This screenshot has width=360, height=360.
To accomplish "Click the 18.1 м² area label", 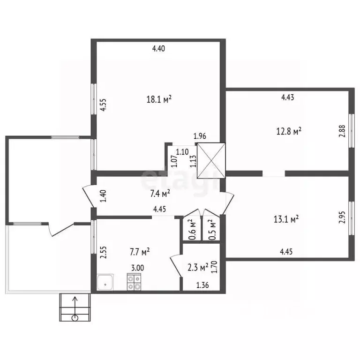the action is pos(159,99).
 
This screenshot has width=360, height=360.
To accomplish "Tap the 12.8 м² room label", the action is pos(289,131).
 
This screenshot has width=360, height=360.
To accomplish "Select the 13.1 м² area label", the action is pos(286,219).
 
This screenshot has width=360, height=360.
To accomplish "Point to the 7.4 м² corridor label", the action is pos(160,193).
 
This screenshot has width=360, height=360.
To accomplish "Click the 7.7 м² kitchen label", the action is pos(140,252).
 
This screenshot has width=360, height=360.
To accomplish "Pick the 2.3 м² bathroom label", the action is pos(198,267).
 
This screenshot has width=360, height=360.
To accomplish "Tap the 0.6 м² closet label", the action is pos(192,230).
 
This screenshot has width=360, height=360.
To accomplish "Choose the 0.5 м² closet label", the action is pos(212,230).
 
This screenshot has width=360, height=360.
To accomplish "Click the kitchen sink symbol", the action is pos(105,282).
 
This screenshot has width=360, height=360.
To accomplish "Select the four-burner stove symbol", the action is pos(134,282).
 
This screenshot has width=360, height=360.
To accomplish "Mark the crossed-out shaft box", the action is pos(211,161).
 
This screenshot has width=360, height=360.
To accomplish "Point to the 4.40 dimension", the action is pos(158,48).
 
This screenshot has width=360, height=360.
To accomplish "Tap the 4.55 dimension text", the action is pos(104,105).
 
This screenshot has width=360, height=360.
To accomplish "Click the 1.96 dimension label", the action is pos(200,136).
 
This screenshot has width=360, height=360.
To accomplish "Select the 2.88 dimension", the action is pos(342,131).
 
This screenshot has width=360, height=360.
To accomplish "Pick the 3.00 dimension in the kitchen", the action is pos(137,268).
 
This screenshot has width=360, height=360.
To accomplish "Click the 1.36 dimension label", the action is pos(202,285).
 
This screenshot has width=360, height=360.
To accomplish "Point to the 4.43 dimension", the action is pos(288,97).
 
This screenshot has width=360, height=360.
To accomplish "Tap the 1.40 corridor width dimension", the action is pos(104,195).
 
